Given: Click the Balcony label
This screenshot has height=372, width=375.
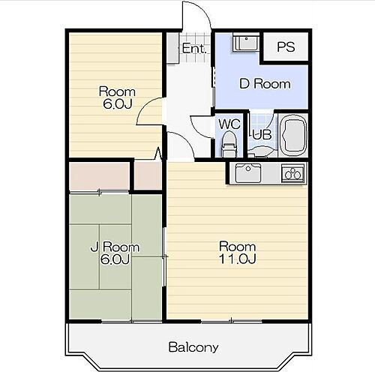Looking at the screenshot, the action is click(x=193, y=347).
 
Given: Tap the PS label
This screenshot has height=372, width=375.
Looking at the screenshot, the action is click(x=286, y=46).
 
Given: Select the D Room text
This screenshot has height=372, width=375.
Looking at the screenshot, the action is click(x=265, y=84).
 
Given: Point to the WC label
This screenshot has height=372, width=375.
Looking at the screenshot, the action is click(x=229, y=124).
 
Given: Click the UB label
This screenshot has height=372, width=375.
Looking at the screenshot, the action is click(x=262, y=135).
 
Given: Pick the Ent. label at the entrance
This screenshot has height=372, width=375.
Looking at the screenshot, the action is click(x=194, y=49).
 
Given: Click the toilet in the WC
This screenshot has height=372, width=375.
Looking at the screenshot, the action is click(x=229, y=144).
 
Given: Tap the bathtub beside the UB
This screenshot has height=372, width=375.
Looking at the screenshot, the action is click(x=293, y=135).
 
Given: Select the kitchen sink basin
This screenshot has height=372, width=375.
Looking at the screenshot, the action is click(x=248, y=173).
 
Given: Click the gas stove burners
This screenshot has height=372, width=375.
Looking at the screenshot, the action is click(x=293, y=173).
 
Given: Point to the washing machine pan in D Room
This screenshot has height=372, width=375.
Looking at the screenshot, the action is click(x=246, y=43).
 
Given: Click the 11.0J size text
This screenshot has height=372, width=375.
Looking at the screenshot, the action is click(x=238, y=259).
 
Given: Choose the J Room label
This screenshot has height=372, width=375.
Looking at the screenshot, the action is click(x=115, y=247).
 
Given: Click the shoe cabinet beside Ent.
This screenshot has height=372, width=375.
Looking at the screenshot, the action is click(x=172, y=47).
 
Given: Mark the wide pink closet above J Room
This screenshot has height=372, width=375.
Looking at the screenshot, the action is click(x=99, y=176).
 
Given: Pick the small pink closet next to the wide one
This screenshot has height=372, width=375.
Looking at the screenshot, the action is click(x=148, y=175).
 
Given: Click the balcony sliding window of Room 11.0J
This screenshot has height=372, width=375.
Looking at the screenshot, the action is click(x=232, y=321).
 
